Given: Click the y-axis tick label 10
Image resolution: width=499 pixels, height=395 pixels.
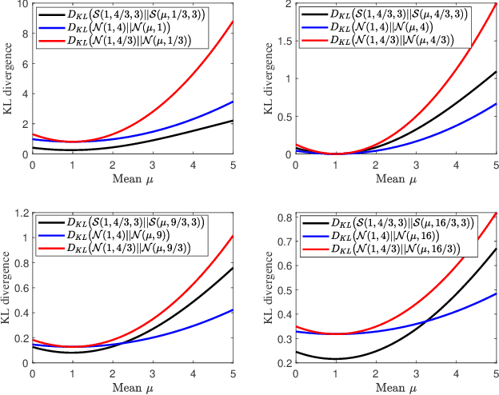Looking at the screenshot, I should (22, 5).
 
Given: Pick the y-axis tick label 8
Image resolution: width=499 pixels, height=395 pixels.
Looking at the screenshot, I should (26, 34).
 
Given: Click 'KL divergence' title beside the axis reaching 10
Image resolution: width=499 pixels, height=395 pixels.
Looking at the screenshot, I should (8, 79).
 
